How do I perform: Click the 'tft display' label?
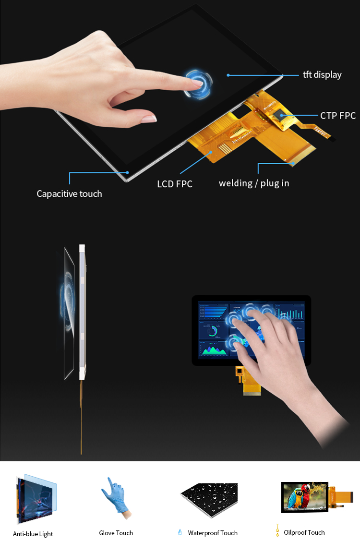point(322,75)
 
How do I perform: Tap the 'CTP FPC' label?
point(337,116)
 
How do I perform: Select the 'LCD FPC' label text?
point(175,184)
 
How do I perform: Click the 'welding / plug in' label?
point(254,183)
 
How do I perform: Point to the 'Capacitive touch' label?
point(70,194)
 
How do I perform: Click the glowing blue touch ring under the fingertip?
point(198,83)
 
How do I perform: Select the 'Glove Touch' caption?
point(116,533)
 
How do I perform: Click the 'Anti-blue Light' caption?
point(33,534)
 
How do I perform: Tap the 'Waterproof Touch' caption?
point(213,533)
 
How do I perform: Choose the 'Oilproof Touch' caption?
point(304,533)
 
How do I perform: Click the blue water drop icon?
point(180,532)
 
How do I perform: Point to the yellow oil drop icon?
point(277,530)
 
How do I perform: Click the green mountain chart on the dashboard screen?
point(215,351)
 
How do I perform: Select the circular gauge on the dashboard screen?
point(213,332)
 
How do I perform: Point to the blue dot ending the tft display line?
point(228,75)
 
